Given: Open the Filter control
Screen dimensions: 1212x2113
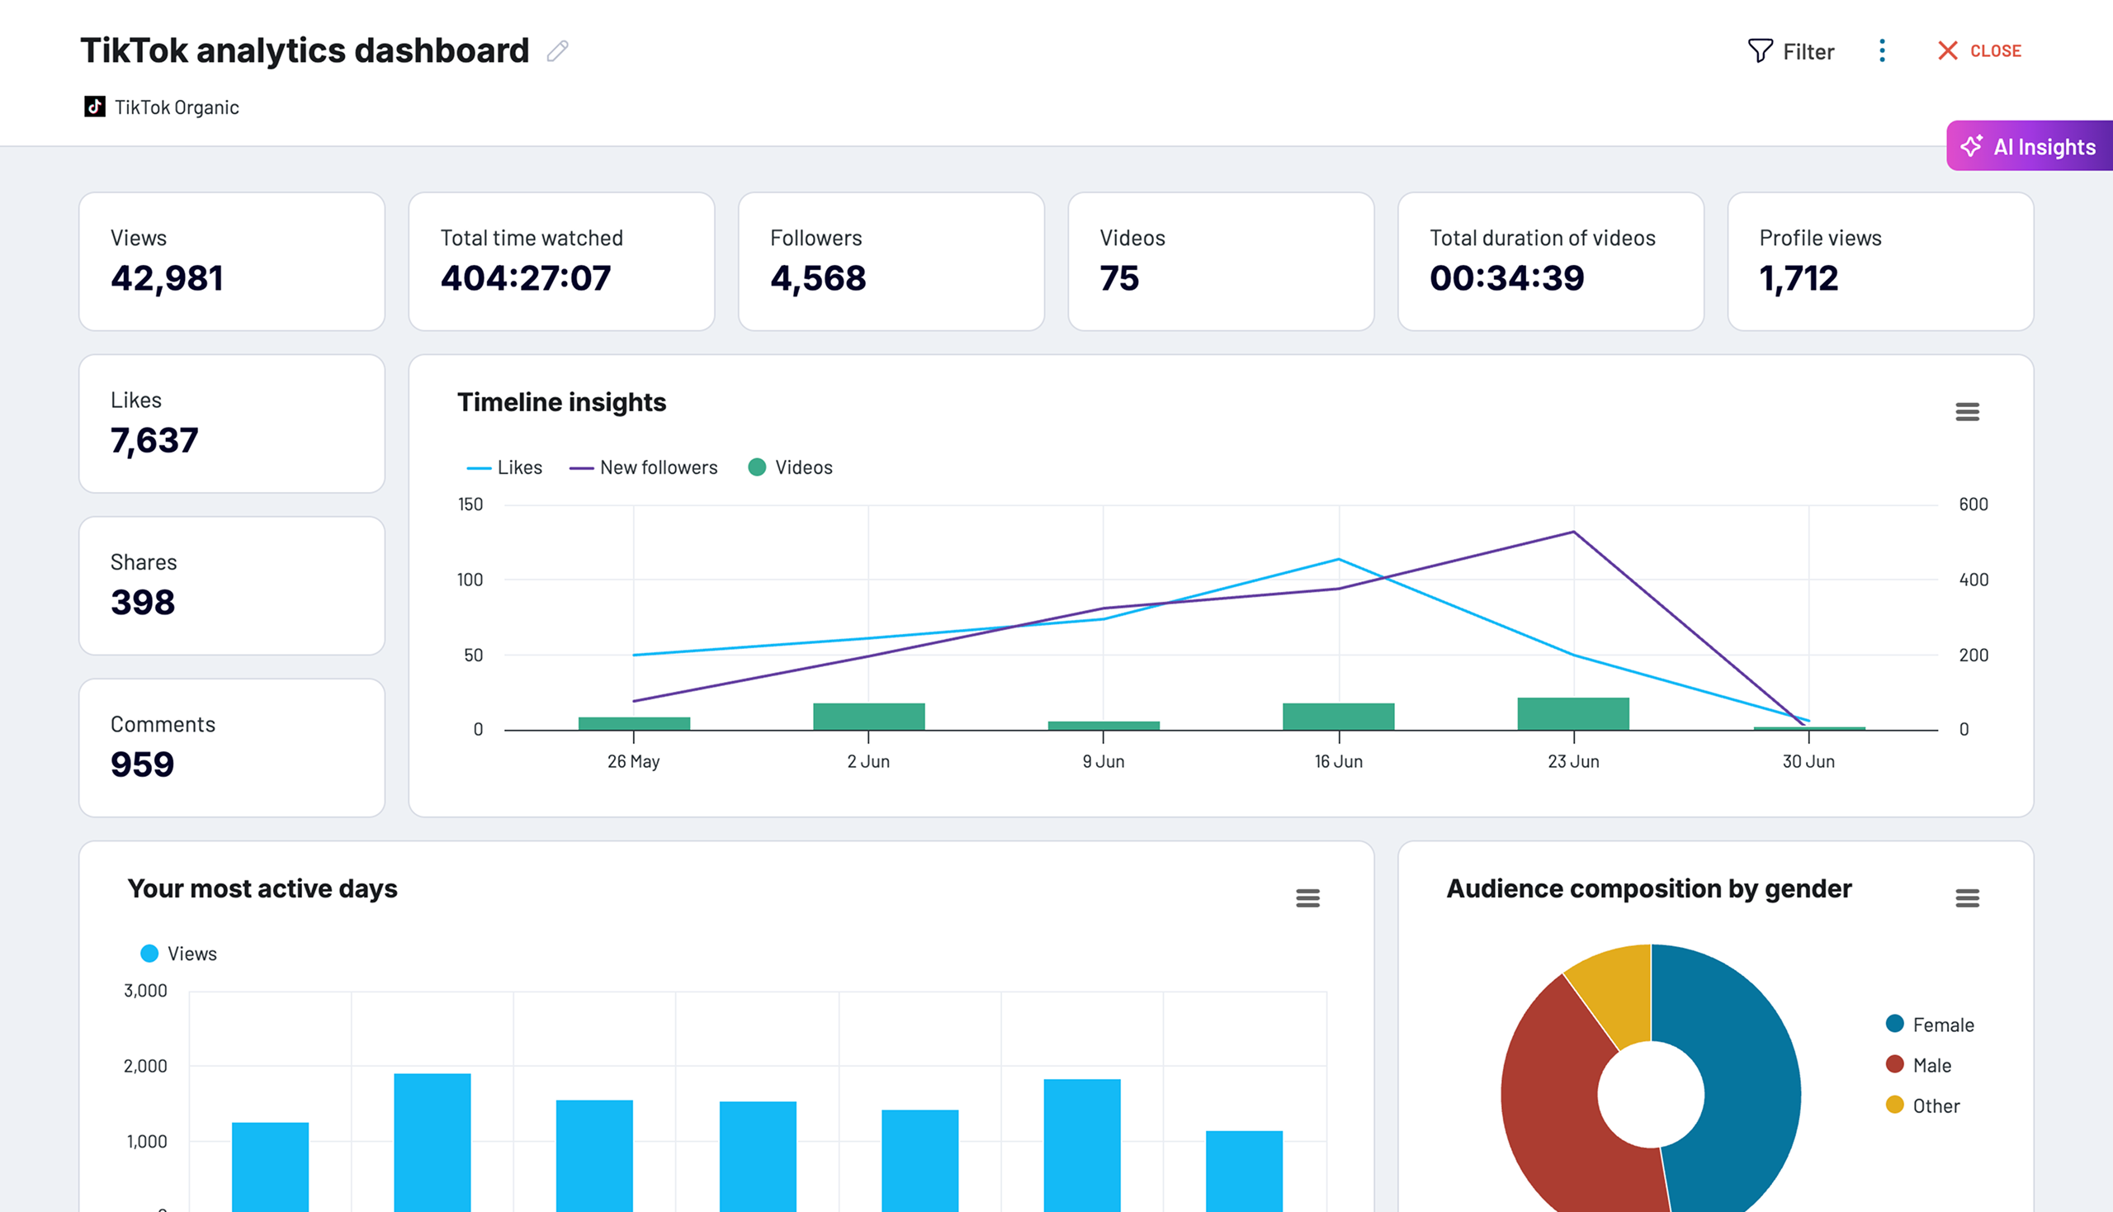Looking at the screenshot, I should coord(1790,52).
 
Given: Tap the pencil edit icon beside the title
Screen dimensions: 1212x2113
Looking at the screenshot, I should coord(558,52).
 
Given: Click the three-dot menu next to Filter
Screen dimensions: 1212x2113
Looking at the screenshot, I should coord(1882,51).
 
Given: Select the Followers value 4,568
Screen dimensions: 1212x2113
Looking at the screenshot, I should coord(818,278).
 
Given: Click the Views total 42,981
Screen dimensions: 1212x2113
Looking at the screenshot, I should coord(168,278).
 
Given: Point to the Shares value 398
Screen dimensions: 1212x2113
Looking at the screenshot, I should coord(143,603).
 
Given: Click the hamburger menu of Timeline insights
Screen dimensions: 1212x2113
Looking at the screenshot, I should coord(1967,411).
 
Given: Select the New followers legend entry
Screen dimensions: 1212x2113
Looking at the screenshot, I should coord(643,468).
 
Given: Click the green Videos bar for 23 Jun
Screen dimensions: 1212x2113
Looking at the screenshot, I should coord(1573,714).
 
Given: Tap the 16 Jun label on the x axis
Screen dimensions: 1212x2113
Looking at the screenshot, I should coord(1338,762).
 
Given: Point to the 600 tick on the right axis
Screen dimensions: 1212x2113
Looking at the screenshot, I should coord(1973,504).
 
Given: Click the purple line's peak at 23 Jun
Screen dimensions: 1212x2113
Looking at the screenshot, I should coord(1574,532).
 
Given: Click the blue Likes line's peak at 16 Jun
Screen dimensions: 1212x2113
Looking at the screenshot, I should coord(1338,560).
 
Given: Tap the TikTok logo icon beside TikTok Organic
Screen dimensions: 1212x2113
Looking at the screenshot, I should coord(95,107).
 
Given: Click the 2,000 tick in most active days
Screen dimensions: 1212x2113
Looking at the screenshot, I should coord(145,1067).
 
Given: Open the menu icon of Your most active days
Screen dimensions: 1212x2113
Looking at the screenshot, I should coord(1307,898).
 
